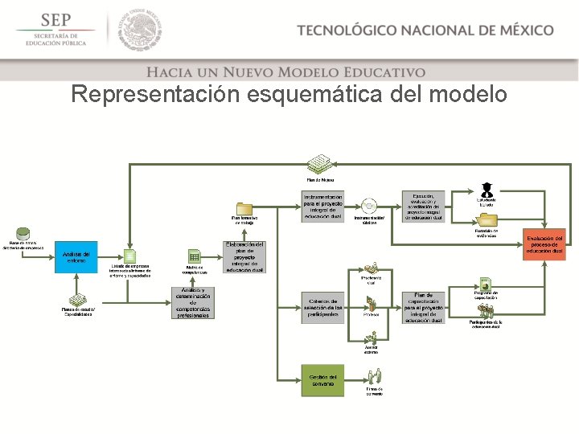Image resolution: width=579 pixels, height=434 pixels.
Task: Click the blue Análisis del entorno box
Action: [76, 256]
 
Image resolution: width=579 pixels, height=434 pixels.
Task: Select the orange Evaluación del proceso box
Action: [545, 244]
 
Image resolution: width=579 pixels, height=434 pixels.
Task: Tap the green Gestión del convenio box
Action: [322, 379]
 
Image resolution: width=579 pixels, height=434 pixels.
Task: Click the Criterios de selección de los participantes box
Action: [322, 306]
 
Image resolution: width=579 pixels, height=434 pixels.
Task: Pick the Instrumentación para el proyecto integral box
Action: [322, 207]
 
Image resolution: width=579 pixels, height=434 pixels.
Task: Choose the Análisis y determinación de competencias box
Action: [192, 303]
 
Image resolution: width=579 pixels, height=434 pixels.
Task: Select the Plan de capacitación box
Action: [423, 307]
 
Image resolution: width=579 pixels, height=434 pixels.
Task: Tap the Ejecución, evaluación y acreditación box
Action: [423, 207]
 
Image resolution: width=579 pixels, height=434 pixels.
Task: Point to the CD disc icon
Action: [369, 206]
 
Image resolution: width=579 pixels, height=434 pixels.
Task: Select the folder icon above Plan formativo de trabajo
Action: [244, 208]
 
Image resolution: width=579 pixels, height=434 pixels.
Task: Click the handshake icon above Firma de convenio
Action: [374, 376]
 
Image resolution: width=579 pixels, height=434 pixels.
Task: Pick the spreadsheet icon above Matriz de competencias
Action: [193, 256]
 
